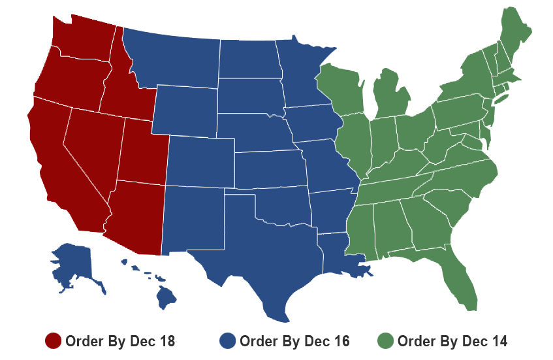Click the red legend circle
click(x=53, y=340)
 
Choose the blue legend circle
click(x=227, y=340)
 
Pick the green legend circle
click(x=385, y=340)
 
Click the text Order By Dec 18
click(x=119, y=340)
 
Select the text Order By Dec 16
click(x=294, y=340)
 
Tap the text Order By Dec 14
click(x=452, y=340)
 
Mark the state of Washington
click(x=82, y=39)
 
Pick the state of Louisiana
click(x=340, y=255)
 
